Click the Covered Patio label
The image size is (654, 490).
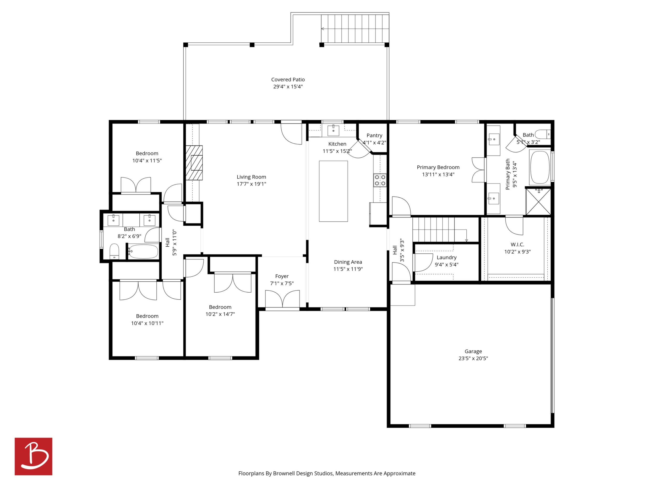[288, 80]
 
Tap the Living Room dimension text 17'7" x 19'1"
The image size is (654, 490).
[251, 184]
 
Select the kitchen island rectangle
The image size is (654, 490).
[333, 191]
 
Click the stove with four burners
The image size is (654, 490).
[380, 180]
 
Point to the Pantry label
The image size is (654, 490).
[374, 135]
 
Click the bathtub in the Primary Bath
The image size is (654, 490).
[540, 168]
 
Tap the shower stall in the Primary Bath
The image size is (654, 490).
[538, 202]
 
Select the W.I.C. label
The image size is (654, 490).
[517, 244]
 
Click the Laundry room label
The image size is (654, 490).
[446, 258]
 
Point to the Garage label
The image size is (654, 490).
[473, 351]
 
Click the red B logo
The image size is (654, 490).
[34, 456]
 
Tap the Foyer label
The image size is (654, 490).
[282, 276]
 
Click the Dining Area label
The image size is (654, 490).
[348, 262]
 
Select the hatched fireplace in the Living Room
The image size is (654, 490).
[194, 163]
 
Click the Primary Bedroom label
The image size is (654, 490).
[438, 167]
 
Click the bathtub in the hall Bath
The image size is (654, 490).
[143, 251]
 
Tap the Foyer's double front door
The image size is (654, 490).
[282, 299]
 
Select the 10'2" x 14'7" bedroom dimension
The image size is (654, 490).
[220, 314]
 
